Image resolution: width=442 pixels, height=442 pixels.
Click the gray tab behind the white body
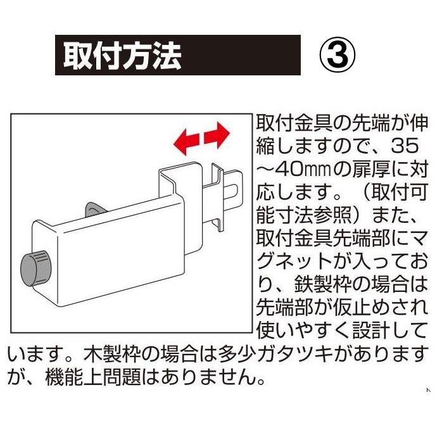(91, 210)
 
